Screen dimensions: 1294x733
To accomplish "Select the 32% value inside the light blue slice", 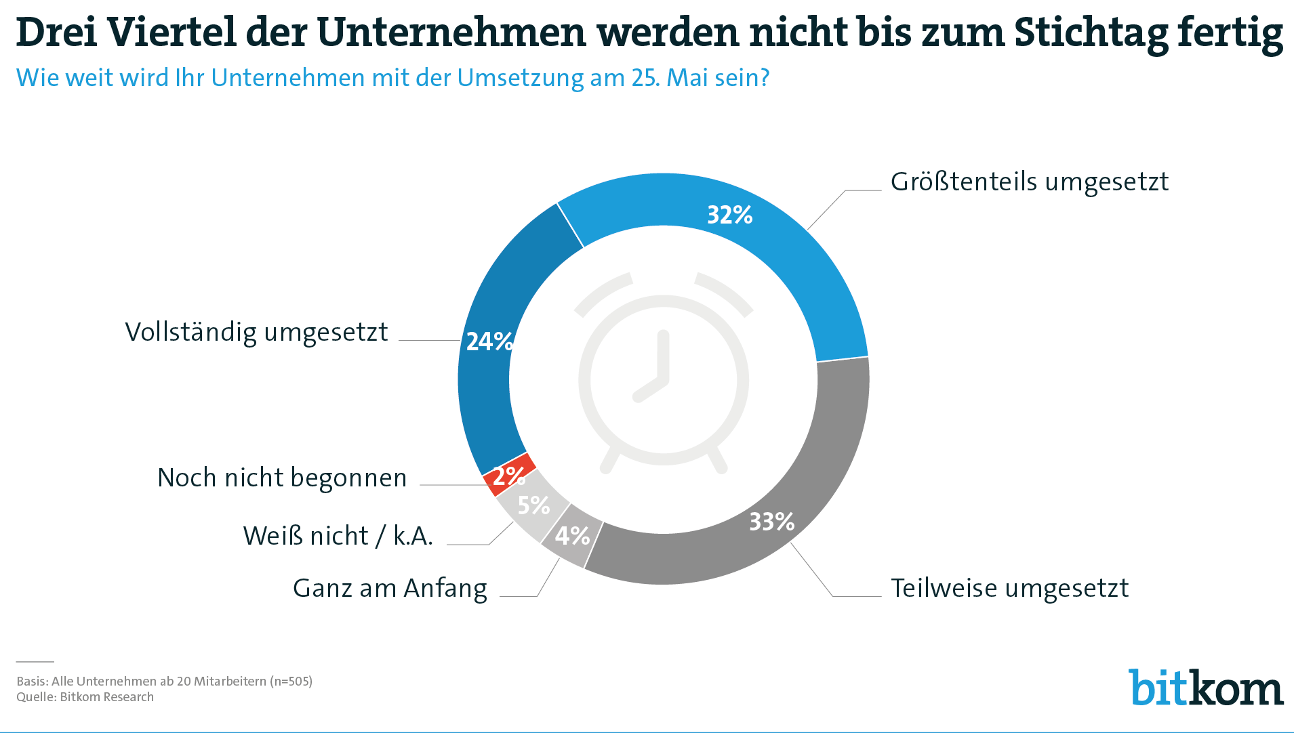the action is pos(729,215).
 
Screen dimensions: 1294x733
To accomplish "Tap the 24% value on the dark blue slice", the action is pos(489,341).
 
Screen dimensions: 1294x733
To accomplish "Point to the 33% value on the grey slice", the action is pos(771,521).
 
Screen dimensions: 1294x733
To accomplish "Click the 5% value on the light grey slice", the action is pos(533,505).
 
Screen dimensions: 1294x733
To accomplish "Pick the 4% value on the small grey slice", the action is pos(573,536).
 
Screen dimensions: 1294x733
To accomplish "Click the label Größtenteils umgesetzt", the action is pos(1030,182).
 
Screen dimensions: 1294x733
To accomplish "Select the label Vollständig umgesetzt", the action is pos(256,332).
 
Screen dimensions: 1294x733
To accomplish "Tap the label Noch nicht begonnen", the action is pos(282,478).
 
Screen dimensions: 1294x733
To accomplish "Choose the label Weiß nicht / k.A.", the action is pos(338,536).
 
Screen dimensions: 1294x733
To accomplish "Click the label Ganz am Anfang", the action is pos(390,588).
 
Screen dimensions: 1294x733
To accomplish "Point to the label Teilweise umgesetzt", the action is pos(1009,588).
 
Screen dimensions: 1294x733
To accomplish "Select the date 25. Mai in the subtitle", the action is pos(671,78).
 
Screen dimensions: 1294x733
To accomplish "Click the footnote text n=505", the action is pos(291,682).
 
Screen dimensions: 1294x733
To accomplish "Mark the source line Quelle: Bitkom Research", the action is pos(85,697).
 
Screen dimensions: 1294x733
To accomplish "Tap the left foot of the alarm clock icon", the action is pos(610,460).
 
